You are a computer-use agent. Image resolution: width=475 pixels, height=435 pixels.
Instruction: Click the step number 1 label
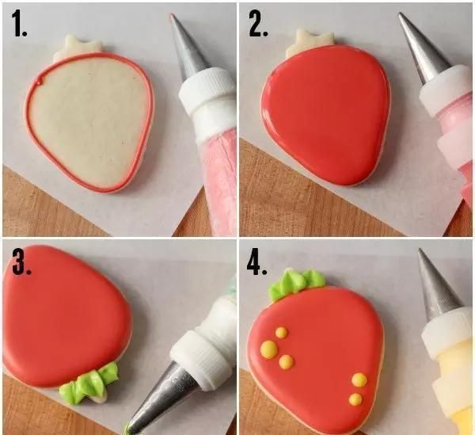click(19, 24)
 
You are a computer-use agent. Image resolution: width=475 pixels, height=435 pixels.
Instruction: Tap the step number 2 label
click(258, 24)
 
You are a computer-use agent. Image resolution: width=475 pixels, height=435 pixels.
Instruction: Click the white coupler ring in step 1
click(207, 90)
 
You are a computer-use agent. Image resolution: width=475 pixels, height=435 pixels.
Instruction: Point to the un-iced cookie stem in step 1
click(80, 47)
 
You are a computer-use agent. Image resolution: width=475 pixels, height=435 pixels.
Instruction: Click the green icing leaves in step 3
click(89, 383)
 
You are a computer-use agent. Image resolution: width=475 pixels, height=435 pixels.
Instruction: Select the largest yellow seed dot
click(269, 349)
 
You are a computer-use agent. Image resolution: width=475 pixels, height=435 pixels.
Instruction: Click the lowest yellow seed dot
click(355, 399)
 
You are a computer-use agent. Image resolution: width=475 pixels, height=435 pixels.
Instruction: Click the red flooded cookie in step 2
click(325, 115)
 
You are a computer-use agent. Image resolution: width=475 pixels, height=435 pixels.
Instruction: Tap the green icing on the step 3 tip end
click(127, 429)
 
